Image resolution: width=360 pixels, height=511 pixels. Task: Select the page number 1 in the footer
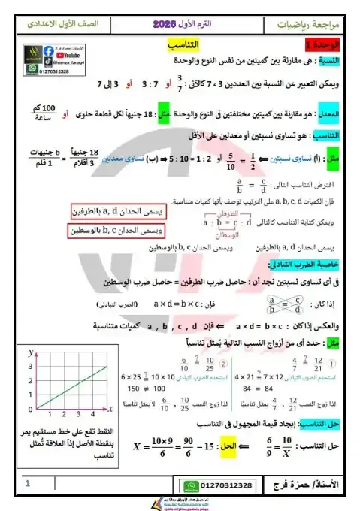26,485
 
